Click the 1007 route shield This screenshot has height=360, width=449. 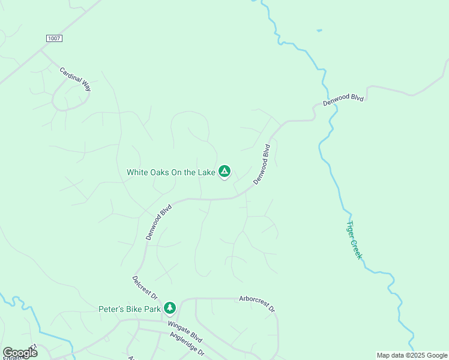click(53, 38)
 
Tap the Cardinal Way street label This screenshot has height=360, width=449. click(75, 79)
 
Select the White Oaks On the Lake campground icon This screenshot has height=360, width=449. click(224, 172)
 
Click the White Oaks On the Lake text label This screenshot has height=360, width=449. click(170, 172)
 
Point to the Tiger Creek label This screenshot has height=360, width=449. click(354, 241)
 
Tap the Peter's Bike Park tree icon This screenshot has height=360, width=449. click(170, 308)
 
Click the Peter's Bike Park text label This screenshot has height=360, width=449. click(130, 310)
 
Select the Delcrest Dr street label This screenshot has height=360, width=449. click(145, 288)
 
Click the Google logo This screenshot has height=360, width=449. click(20, 353)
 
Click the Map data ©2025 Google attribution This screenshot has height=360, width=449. click(412, 355)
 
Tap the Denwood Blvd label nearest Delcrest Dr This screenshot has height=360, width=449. click(159, 223)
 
